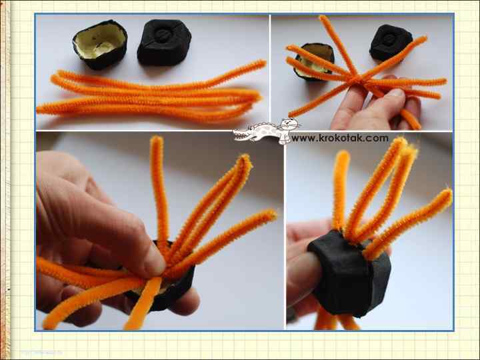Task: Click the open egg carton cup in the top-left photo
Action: click(100, 45)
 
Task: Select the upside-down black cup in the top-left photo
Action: click(164, 42)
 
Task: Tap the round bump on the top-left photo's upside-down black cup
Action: click(163, 35)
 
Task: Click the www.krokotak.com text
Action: click(340, 139)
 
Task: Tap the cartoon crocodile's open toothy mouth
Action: click(242, 135)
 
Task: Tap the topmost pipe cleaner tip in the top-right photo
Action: click(323, 18)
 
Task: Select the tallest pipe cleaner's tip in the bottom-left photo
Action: click(157, 140)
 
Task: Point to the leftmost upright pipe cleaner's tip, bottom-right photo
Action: click(342, 155)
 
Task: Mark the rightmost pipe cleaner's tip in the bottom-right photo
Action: click(446, 195)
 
